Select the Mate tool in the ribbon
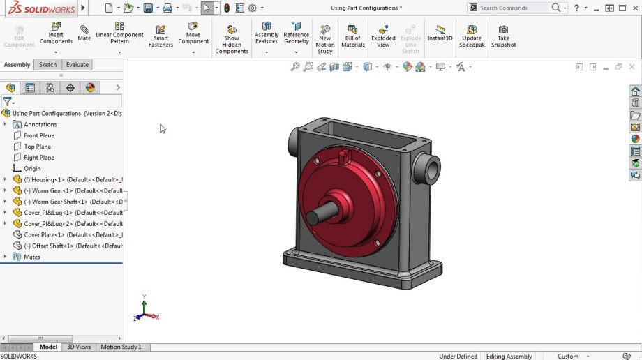point(84,33)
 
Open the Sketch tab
point(47,65)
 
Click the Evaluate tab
point(77,65)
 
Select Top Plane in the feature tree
point(38,147)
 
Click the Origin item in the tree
point(32,169)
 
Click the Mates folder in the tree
point(31,257)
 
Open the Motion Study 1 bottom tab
point(121,347)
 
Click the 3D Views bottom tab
point(78,347)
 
